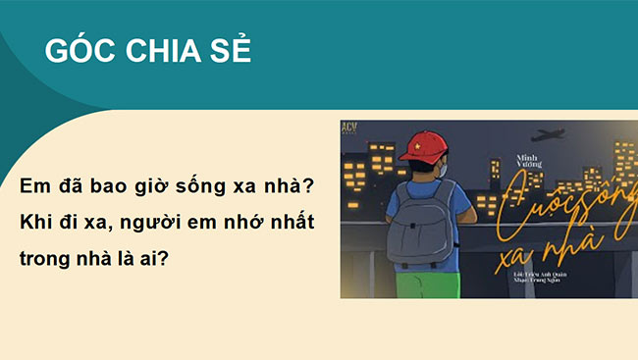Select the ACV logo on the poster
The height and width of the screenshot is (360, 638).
[352, 129]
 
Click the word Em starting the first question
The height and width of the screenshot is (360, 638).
[34, 185]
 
